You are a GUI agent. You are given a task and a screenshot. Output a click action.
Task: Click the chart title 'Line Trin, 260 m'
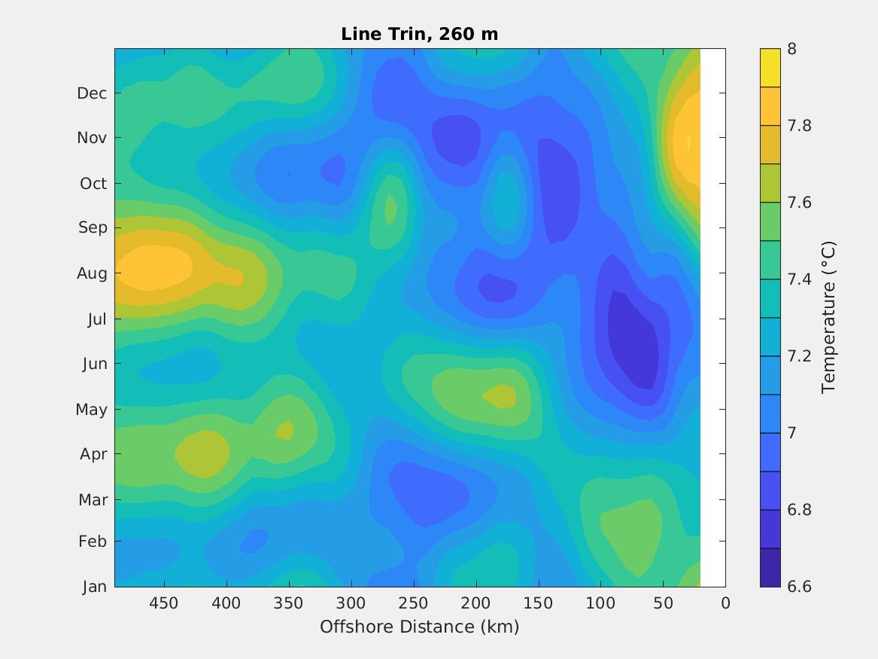click(x=419, y=34)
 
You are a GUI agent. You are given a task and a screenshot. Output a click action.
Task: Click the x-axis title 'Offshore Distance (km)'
click(x=419, y=627)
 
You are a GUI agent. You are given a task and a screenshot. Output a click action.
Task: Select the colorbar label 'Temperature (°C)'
click(x=828, y=317)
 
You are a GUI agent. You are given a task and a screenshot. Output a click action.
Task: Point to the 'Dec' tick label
click(x=92, y=93)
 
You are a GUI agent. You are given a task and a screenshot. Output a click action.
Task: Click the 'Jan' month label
click(x=94, y=587)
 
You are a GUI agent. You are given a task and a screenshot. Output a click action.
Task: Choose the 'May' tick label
click(x=92, y=410)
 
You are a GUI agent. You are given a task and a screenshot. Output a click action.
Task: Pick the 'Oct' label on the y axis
click(x=93, y=184)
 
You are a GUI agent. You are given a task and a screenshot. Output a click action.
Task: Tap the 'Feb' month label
click(x=93, y=542)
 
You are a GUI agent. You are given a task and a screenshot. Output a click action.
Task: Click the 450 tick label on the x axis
click(x=163, y=603)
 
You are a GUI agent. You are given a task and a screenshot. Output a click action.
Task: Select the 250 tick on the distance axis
click(x=413, y=603)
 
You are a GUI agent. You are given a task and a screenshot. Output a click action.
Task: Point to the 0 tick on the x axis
click(x=725, y=603)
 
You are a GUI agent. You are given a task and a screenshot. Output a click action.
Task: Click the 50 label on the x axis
click(x=663, y=603)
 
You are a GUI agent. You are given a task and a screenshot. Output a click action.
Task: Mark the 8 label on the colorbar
click(x=791, y=49)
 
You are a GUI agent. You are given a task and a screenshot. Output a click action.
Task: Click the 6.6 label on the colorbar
click(x=799, y=587)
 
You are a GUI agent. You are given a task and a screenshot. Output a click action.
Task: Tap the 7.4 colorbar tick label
click(x=799, y=279)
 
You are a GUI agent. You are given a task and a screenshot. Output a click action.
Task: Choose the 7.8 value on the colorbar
click(x=799, y=126)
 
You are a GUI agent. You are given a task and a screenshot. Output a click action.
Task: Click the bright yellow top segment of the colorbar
click(x=770, y=68)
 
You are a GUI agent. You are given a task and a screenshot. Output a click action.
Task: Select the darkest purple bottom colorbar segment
click(x=770, y=567)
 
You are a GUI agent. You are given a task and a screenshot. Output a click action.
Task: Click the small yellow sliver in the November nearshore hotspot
click(x=688, y=142)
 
